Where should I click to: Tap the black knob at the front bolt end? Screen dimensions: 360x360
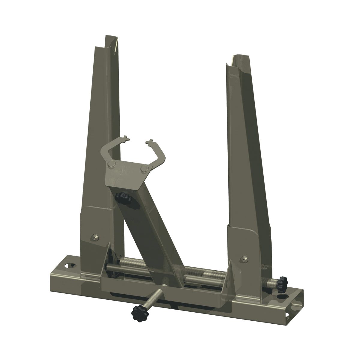[x=138, y=313]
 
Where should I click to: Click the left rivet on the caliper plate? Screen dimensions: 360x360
[x=112, y=163]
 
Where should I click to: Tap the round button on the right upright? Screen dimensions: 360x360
[x=244, y=258]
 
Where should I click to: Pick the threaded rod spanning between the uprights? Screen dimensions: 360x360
[x=204, y=271]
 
